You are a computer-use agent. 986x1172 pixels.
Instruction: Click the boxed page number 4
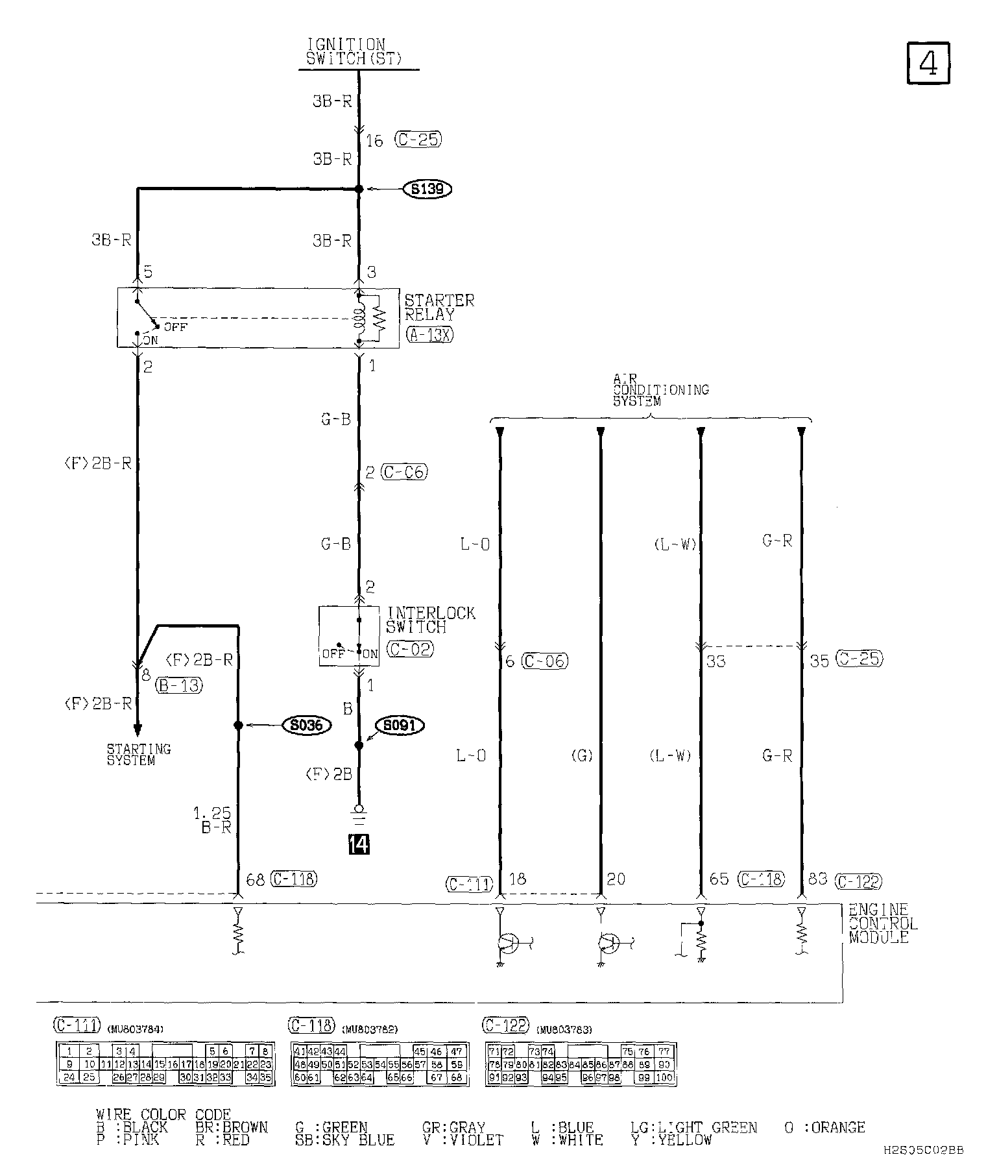(x=928, y=63)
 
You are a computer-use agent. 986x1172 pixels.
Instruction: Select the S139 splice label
(x=427, y=189)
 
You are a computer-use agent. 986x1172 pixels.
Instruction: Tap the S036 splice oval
(x=307, y=725)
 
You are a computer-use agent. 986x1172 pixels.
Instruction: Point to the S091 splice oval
(x=400, y=725)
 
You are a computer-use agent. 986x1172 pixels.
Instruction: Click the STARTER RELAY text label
(x=439, y=308)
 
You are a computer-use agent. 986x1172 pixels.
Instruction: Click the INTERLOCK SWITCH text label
(x=431, y=620)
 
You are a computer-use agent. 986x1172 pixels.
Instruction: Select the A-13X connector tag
(x=430, y=334)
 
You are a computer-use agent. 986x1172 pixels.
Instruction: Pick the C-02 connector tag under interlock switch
(x=409, y=648)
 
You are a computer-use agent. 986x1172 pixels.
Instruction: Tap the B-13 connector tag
(x=179, y=685)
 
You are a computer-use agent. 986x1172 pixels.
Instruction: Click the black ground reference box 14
(x=359, y=844)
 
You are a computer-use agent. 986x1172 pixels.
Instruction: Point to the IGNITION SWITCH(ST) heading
(x=354, y=52)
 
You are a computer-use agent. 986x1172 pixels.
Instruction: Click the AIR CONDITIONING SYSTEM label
(x=661, y=390)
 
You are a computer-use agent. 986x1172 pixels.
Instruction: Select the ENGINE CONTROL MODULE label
(x=883, y=923)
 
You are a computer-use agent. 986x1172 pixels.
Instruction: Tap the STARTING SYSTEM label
(x=139, y=755)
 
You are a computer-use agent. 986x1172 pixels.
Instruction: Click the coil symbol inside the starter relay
(x=358, y=318)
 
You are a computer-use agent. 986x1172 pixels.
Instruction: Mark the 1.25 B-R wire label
(x=212, y=820)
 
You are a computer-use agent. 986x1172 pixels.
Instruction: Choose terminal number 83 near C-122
(x=817, y=879)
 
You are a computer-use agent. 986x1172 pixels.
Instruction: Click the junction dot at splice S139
(x=359, y=189)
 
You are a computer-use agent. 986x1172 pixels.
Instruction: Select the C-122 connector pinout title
(x=506, y=1026)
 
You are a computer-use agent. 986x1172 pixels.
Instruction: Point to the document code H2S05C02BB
(x=923, y=1149)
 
